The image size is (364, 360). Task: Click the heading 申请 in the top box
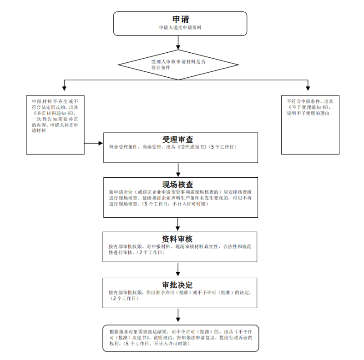point(180,19)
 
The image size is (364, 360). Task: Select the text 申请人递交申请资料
point(180,28)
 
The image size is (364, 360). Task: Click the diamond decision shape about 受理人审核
point(178,64)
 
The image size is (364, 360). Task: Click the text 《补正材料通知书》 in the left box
point(55,113)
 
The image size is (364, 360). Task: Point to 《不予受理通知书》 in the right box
point(310,107)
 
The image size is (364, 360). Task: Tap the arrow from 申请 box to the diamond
point(178,42)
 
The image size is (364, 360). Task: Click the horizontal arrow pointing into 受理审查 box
point(94,143)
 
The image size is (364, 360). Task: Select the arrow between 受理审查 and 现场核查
point(178,170)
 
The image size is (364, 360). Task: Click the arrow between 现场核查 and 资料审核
point(178,224)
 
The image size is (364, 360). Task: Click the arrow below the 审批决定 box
point(178,315)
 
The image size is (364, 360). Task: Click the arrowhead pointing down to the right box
point(308,87)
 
